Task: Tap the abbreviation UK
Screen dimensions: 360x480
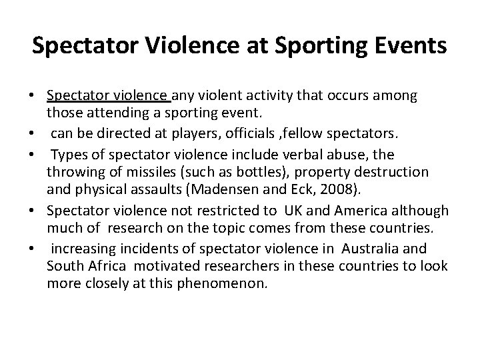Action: [x=294, y=210]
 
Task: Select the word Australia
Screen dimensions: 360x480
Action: [x=390, y=249]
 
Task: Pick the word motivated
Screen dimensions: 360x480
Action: [x=158, y=266]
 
